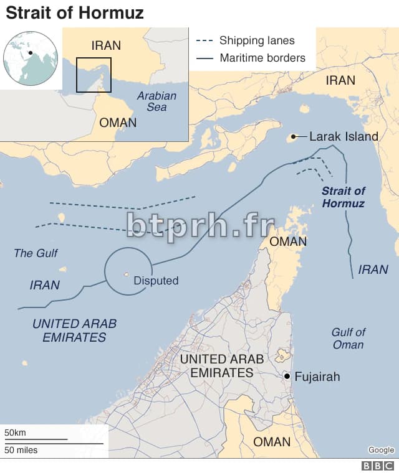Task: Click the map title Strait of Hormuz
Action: (x=75, y=12)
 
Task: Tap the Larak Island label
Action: (x=344, y=136)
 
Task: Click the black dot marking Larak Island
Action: (x=293, y=136)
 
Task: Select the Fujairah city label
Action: (x=317, y=377)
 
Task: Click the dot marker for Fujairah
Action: (x=286, y=376)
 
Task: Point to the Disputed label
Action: (x=156, y=281)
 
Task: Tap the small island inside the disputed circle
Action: (x=126, y=273)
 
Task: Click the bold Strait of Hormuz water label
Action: (x=344, y=197)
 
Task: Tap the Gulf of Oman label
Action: (x=349, y=339)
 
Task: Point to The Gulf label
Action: (x=36, y=253)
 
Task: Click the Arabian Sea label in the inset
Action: (x=157, y=101)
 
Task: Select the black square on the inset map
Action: (x=94, y=75)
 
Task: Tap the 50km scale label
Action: (x=15, y=433)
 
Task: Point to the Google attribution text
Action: (x=381, y=450)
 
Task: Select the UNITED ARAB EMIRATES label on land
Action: (x=221, y=366)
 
